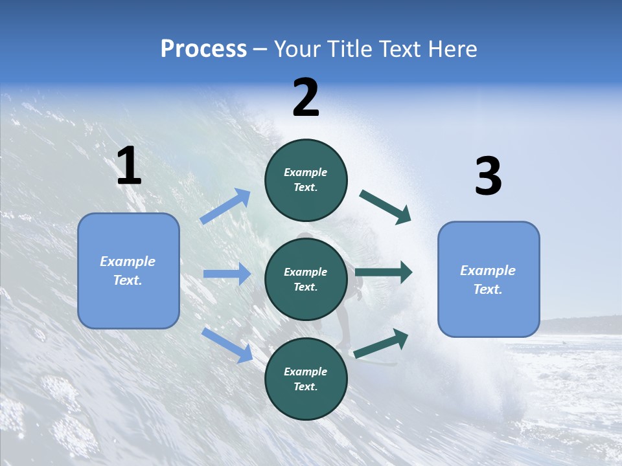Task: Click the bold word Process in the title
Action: [203, 49]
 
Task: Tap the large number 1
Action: [129, 166]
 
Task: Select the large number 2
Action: [306, 98]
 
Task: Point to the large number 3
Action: [488, 176]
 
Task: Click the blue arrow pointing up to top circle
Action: [225, 206]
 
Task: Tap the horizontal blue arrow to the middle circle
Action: [227, 274]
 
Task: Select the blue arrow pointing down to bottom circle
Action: [227, 344]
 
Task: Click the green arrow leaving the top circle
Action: [385, 206]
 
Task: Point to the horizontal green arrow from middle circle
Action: [383, 272]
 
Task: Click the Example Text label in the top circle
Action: [306, 179]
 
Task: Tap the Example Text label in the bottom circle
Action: [306, 379]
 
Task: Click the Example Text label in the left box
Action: [128, 271]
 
